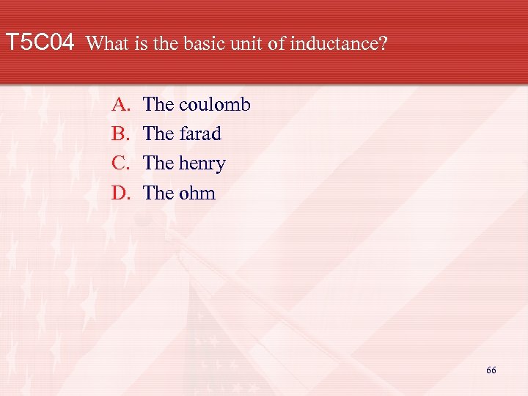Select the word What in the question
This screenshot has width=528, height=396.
click(x=108, y=44)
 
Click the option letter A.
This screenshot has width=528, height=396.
click(x=120, y=104)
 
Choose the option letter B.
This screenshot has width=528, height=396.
click(x=120, y=134)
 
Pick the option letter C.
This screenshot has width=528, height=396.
click(x=120, y=164)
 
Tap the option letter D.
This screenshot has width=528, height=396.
click(x=120, y=194)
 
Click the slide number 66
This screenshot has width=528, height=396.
click(x=491, y=370)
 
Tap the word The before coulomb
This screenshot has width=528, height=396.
click(x=158, y=104)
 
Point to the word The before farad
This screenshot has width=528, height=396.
click(x=158, y=134)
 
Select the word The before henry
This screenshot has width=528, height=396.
click(x=158, y=164)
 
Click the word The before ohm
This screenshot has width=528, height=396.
click(x=158, y=194)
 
